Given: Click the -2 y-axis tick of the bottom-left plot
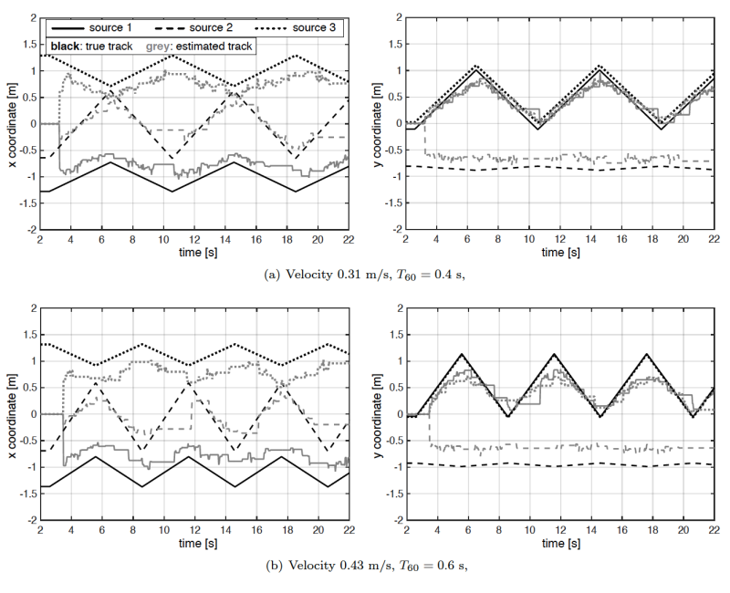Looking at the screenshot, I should pyautogui.click(x=30, y=520).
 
